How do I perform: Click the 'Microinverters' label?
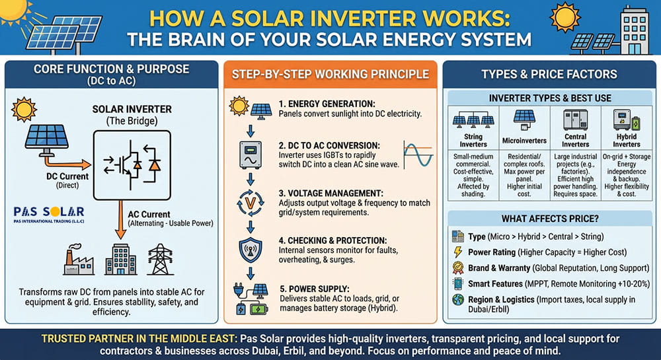[x=525, y=140]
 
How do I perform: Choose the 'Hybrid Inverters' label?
[x=626, y=140]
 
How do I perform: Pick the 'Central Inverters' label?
[x=575, y=140]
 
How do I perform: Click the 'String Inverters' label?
[x=473, y=140]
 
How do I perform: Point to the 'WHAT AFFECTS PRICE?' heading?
[x=549, y=218]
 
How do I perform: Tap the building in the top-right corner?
[x=635, y=30]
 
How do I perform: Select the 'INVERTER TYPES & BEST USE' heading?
[x=549, y=98]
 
